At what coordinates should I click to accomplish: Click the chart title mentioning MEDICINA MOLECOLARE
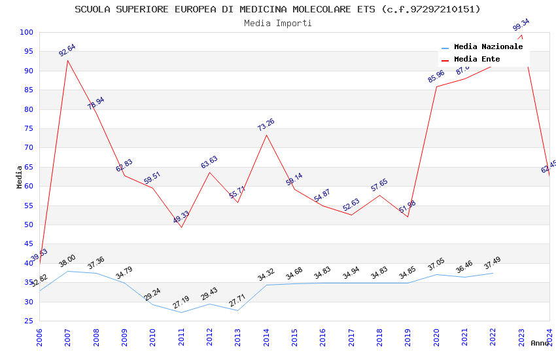[x=277, y=9]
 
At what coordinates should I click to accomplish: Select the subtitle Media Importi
[x=277, y=23]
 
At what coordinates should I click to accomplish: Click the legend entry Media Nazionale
[x=488, y=47]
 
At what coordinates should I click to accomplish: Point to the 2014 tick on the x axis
[x=266, y=338]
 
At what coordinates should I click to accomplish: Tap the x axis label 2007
[x=67, y=338]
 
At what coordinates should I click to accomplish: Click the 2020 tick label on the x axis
[x=436, y=338]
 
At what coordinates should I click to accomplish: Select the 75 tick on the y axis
[x=27, y=128]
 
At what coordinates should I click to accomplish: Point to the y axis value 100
[x=27, y=32]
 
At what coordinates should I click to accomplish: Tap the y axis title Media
[x=20, y=176]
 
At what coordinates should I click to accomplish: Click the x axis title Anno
[x=540, y=343]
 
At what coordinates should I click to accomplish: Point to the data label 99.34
[x=521, y=25]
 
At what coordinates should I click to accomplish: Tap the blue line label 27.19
[x=181, y=302]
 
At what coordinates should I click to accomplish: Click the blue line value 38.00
[x=67, y=261]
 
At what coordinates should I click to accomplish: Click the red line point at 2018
[x=379, y=195]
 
